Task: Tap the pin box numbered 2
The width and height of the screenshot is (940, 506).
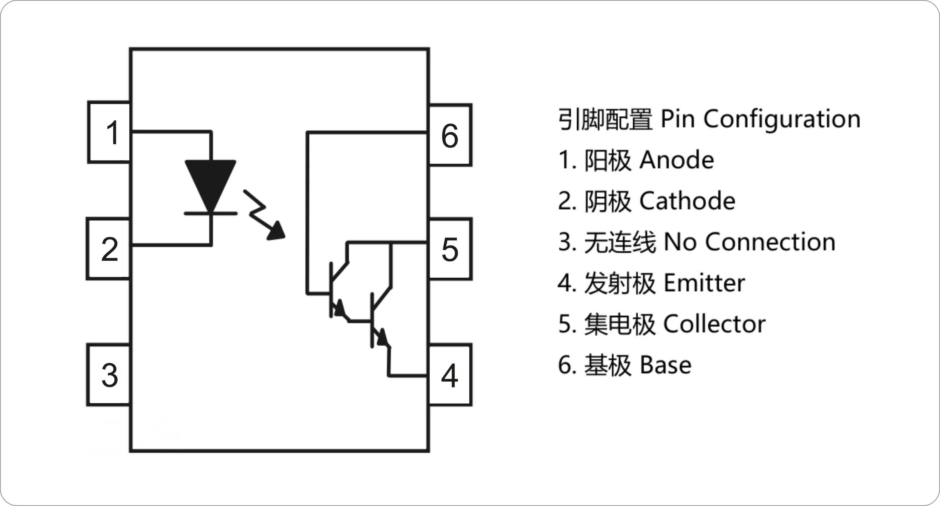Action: coord(109,249)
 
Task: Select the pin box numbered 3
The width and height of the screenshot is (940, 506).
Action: coord(109,375)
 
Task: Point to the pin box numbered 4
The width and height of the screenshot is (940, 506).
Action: coord(450,375)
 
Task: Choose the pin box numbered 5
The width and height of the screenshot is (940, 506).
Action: coord(450,249)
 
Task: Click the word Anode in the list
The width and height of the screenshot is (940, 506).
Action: coord(677,160)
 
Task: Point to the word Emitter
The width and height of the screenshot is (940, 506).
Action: coord(704,283)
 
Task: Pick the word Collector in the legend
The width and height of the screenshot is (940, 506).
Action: coord(715,324)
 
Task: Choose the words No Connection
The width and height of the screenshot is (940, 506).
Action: coord(750,242)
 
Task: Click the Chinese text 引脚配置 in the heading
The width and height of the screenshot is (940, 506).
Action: coord(605,119)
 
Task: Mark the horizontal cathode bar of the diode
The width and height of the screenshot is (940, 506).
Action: coord(210,213)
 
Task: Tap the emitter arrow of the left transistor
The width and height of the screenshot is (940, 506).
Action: coord(340,309)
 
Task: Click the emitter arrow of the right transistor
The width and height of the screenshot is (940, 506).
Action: coord(382,338)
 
